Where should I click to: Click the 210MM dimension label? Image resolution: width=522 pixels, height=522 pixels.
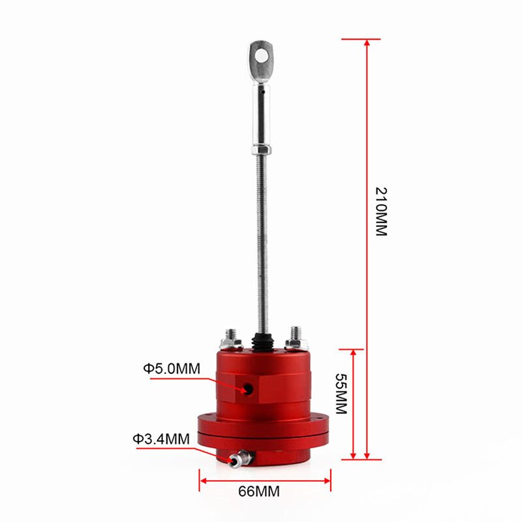pyautogui.click(x=381, y=212)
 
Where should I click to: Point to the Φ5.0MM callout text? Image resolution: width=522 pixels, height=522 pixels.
pyautogui.click(x=172, y=369)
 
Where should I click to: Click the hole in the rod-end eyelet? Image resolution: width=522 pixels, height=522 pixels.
pyautogui.click(x=262, y=55)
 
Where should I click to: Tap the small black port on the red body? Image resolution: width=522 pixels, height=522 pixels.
pyautogui.click(x=248, y=389)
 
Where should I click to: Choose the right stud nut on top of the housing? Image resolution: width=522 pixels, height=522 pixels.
pyautogui.click(x=294, y=338)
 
